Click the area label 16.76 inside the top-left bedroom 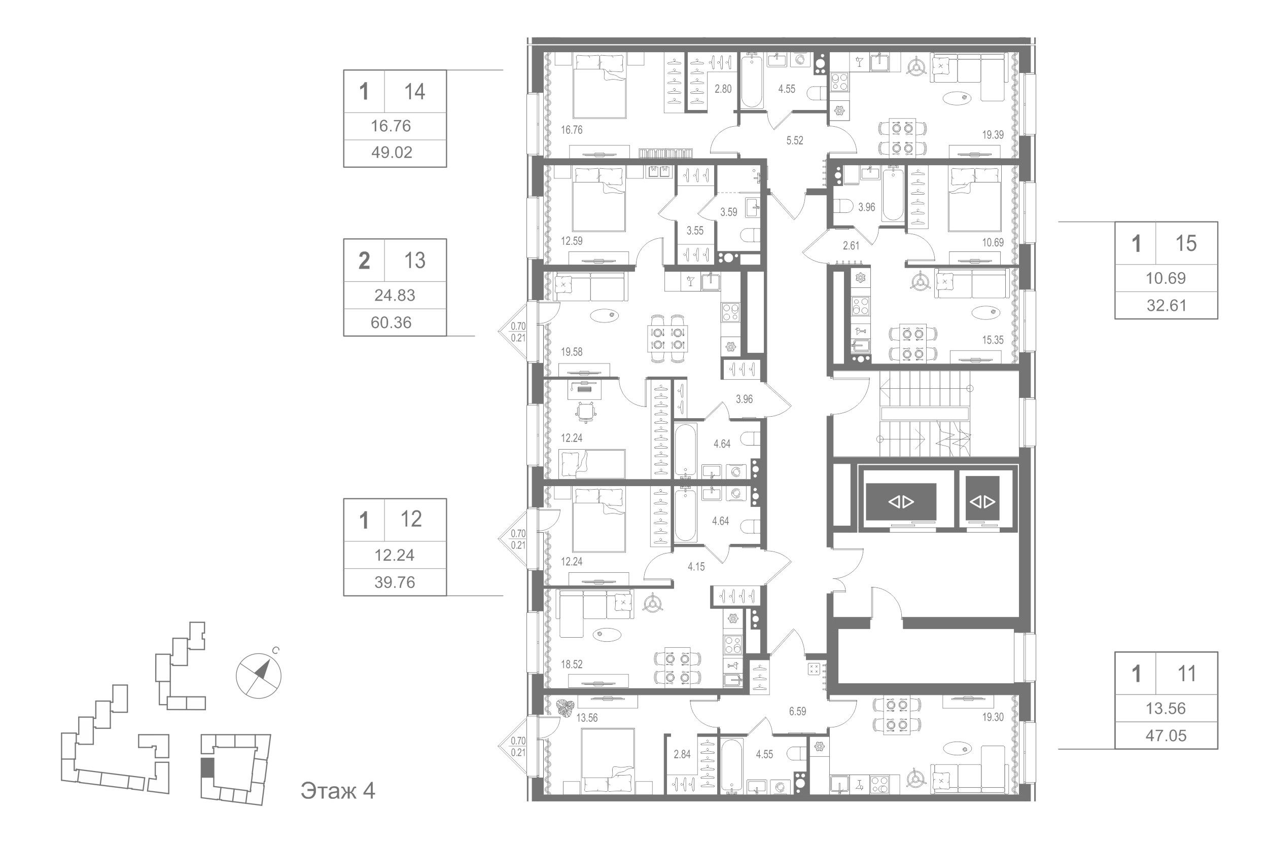click(x=572, y=130)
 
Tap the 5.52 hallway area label click(x=795, y=141)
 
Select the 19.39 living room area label click(x=993, y=135)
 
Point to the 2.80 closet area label click(x=723, y=89)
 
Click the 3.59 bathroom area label click(x=729, y=212)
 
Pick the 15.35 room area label click(x=993, y=341)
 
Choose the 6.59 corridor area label click(x=797, y=712)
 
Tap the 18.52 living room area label click(x=572, y=665)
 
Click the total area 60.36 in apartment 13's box click(x=392, y=323)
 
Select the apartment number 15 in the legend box click(x=1186, y=244)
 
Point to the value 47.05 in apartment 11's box click(x=1166, y=735)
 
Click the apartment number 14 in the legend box click(x=414, y=92)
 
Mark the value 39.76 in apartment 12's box click(x=395, y=582)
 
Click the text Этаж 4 click(x=338, y=791)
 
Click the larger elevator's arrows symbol click(x=901, y=502)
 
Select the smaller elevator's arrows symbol click(x=982, y=502)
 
